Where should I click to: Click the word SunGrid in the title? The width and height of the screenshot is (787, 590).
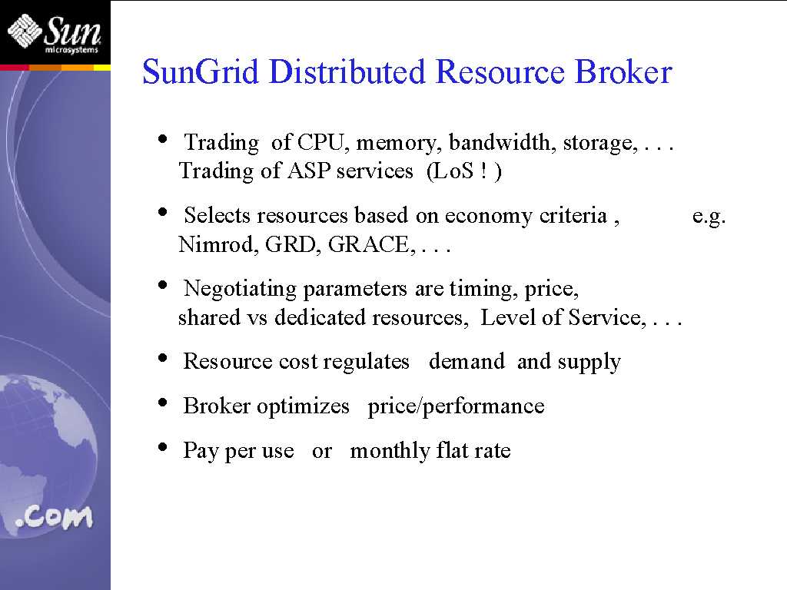tap(201, 72)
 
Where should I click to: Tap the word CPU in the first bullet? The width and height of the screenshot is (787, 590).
tap(320, 142)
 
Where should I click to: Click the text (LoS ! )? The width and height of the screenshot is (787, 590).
tap(463, 171)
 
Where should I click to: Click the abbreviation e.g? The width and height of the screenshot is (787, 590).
tap(709, 216)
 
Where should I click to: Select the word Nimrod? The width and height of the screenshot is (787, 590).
tap(218, 245)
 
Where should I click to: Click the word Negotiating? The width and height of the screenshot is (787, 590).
tap(240, 290)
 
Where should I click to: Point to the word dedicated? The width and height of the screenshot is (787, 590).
tap(320, 317)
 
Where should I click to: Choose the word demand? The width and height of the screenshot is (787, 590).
tap(467, 361)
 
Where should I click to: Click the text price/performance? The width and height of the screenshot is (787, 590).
tap(456, 406)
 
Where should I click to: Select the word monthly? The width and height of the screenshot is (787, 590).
tap(389, 450)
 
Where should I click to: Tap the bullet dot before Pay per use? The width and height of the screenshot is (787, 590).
tap(162, 446)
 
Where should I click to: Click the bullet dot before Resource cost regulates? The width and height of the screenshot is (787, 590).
tap(162, 358)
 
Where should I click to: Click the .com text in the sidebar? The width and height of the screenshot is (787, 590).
tap(55, 517)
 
